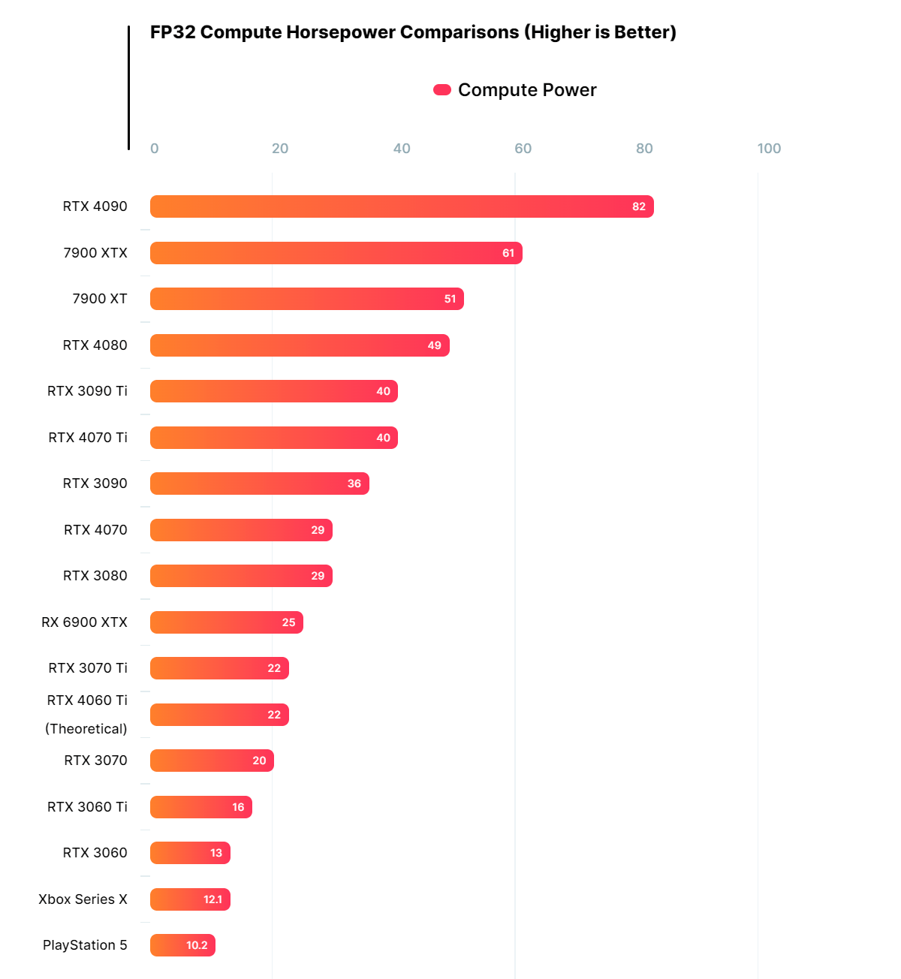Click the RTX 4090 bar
click(x=402, y=206)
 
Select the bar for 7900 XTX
click(x=336, y=253)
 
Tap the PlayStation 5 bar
click(x=182, y=945)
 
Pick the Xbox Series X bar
click(x=190, y=899)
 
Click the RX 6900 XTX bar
click(x=226, y=622)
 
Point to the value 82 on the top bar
click(x=639, y=206)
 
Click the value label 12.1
click(x=212, y=899)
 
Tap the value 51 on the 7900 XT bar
click(x=450, y=299)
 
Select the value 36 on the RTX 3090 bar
click(x=354, y=483)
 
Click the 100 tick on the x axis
click(x=769, y=149)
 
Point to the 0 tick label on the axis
click(x=155, y=149)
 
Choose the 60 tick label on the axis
click(x=523, y=149)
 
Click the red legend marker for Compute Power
click(x=442, y=90)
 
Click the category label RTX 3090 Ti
click(x=87, y=391)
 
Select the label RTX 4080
click(x=95, y=345)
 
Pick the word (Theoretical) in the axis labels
click(x=86, y=729)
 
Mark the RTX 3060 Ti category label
click(x=87, y=807)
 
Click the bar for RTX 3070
click(x=212, y=761)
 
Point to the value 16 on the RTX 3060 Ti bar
click(x=238, y=807)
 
